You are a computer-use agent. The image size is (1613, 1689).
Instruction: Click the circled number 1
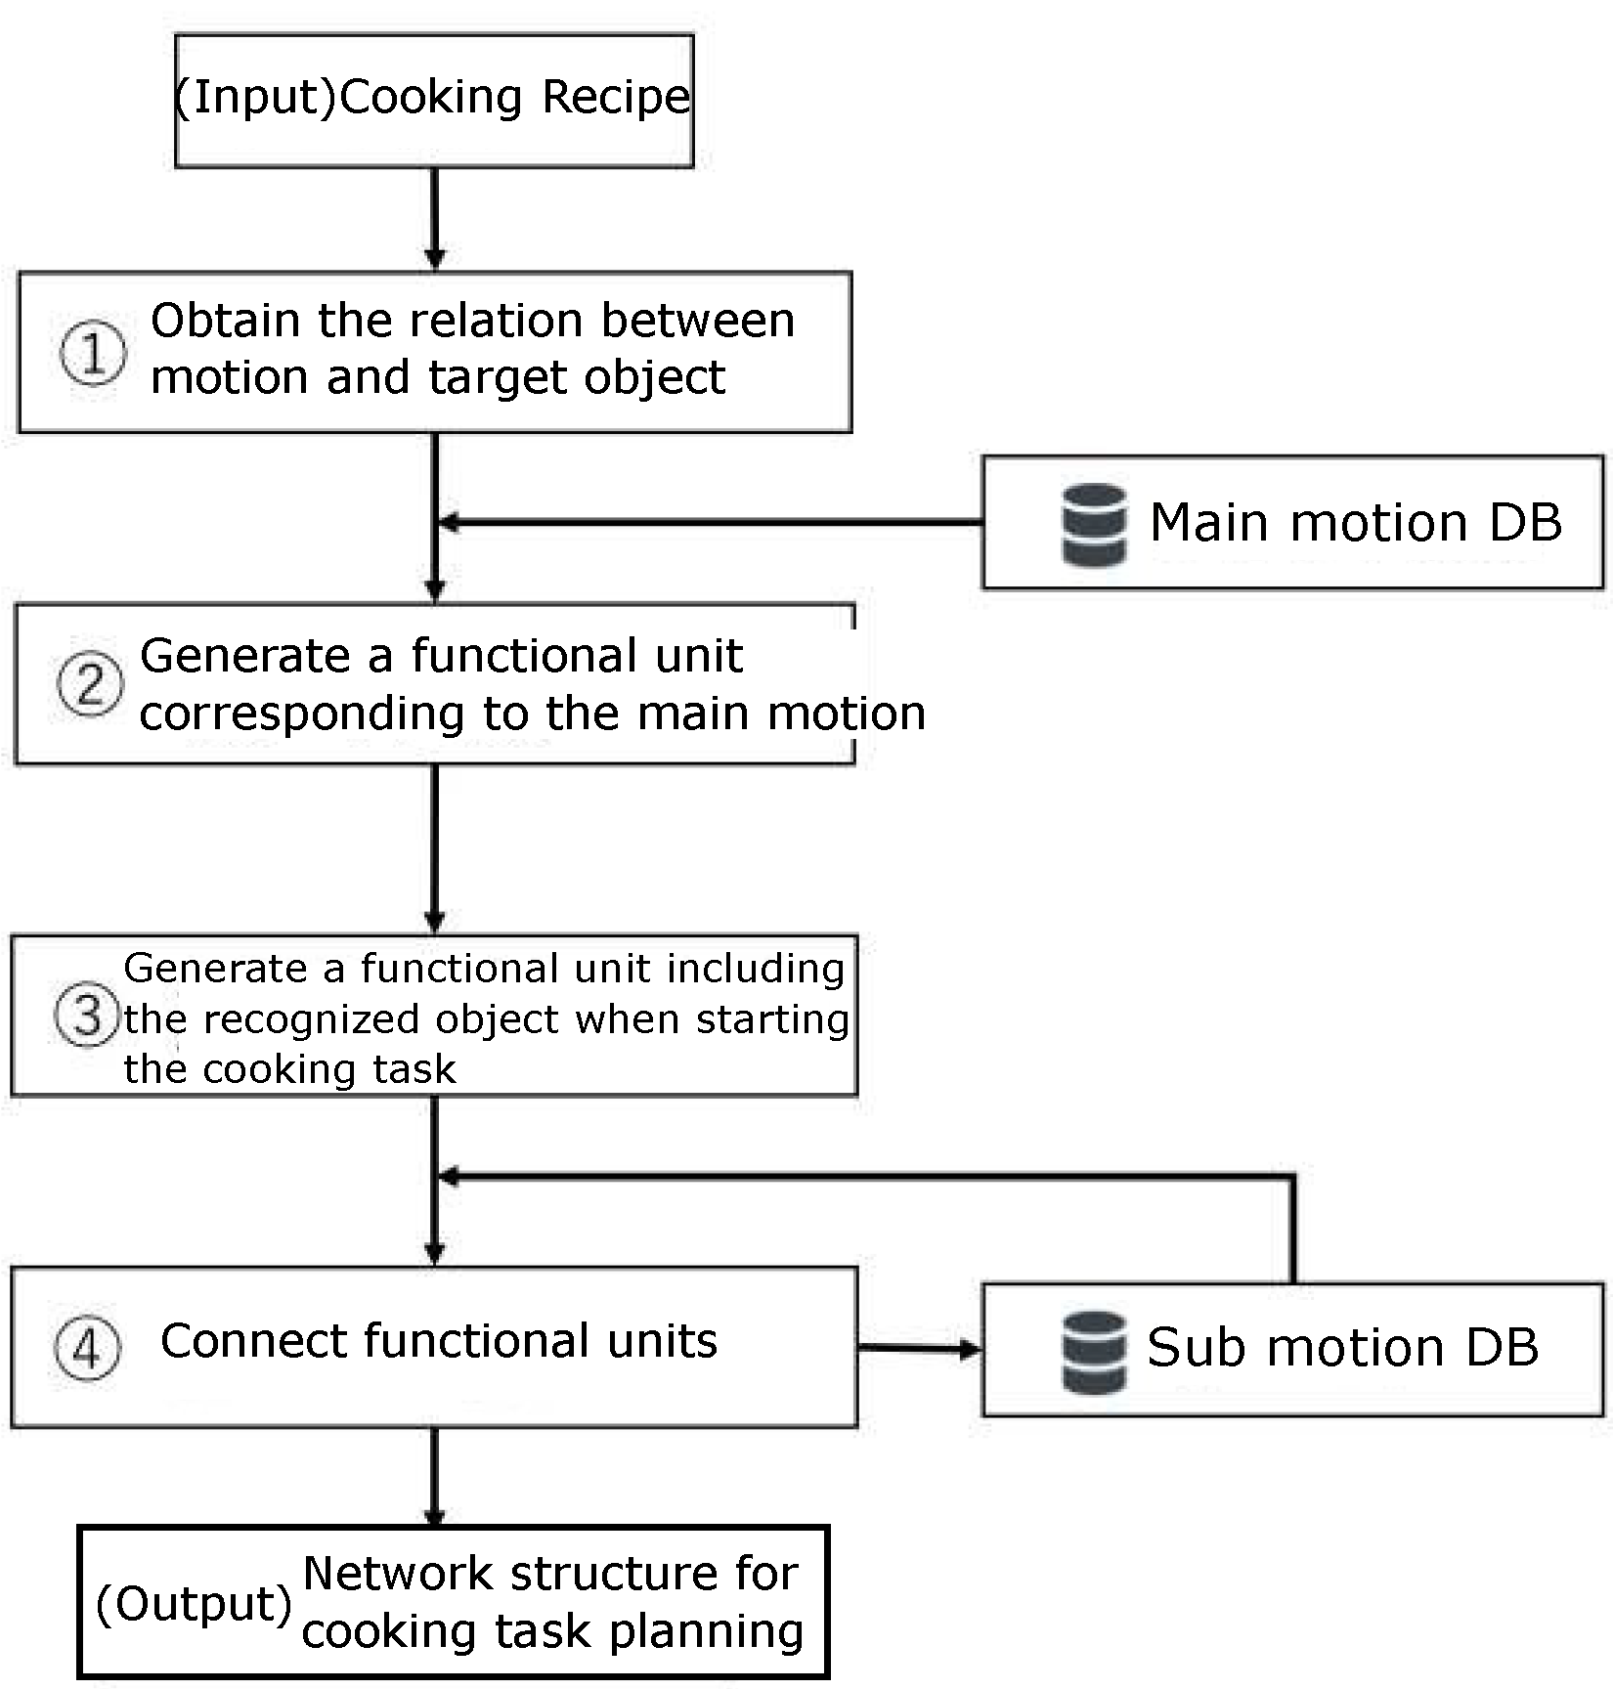point(93,353)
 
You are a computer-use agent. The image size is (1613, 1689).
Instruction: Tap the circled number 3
point(86,1015)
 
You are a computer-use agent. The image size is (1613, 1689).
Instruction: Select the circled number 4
point(87,1350)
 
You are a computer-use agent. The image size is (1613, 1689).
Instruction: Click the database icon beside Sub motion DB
point(1094,1351)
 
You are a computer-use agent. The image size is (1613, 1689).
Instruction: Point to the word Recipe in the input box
point(616,98)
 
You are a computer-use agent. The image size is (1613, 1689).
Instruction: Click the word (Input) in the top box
point(256,98)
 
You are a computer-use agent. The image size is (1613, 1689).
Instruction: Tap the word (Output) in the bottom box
point(195,1604)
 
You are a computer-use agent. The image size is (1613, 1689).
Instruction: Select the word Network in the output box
point(397,1574)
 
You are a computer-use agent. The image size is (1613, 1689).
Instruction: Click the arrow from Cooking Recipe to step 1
point(435,218)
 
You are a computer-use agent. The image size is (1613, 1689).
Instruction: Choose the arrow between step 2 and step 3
point(435,847)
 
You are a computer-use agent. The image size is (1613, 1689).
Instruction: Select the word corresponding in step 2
point(301,715)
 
